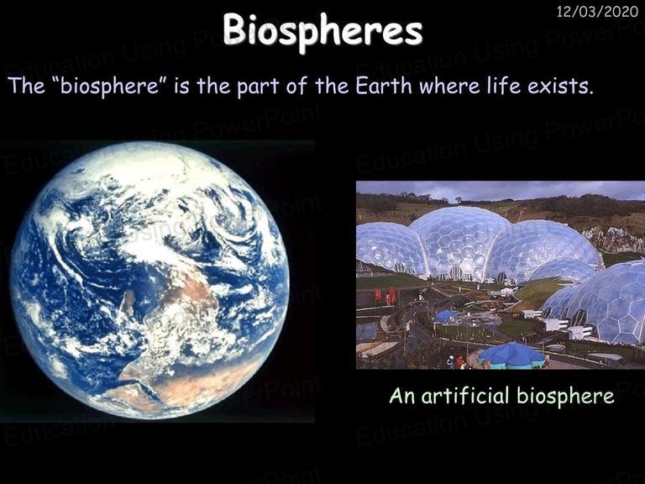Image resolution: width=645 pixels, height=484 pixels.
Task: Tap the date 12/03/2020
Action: tap(597, 12)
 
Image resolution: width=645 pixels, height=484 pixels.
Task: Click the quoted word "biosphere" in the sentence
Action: tap(110, 86)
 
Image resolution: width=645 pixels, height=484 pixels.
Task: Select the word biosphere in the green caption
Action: tap(565, 396)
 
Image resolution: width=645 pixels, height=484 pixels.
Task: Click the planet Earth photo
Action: tap(149, 280)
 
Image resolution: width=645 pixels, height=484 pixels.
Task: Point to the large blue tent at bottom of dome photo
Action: tap(511, 355)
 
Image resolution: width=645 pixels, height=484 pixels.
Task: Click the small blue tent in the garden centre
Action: tap(447, 316)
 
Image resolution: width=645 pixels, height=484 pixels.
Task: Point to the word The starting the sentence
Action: tap(26, 85)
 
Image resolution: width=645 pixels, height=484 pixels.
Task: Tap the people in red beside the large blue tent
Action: tap(459, 362)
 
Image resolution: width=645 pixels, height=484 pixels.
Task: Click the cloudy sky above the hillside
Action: tap(500, 190)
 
